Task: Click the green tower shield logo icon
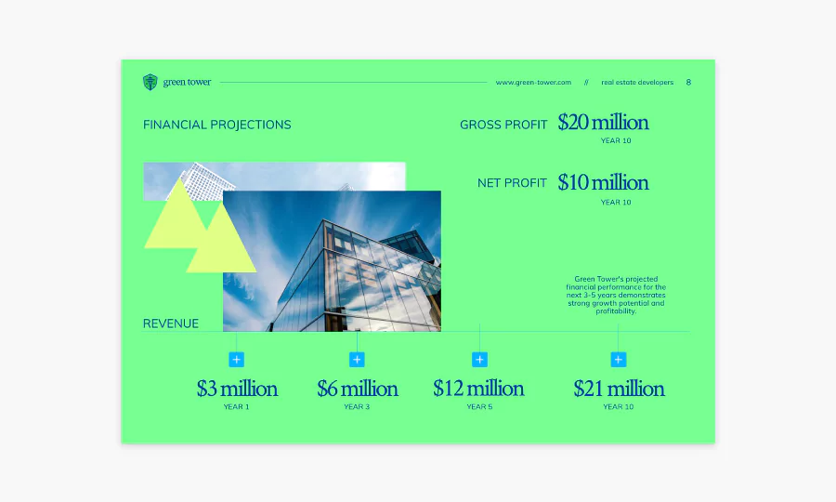[150, 82]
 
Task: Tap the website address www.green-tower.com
[533, 82]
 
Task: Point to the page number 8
[688, 82]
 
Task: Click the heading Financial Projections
[217, 125]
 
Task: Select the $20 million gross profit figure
[603, 122]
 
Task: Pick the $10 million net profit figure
[603, 182]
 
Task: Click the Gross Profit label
[503, 125]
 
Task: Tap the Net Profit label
[512, 183]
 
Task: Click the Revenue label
[171, 324]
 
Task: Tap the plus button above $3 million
[236, 360]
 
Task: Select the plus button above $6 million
[357, 360]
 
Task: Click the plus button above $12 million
[479, 360]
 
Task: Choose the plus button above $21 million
[618, 360]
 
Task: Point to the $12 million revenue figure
[478, 389]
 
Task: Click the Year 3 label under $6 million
[357, 406]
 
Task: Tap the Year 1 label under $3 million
[236, 406]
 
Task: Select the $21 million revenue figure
[619, 389]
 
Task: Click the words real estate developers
[637, 82]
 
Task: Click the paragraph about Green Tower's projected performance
[616, 295]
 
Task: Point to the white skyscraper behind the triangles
[202, 181]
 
